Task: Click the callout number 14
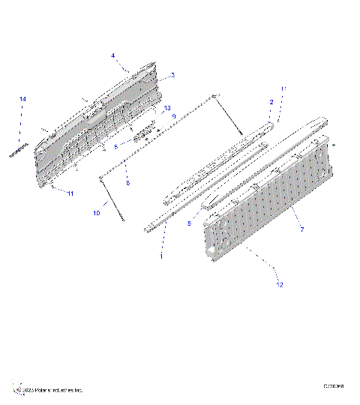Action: pyautogui.click(x=22, y=100)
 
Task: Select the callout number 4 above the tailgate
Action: pyautogui.click(x=112, y=55)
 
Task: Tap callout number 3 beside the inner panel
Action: pyautogui.click(x=172, y=75)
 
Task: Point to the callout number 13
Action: pyautogui.click(x=168, y=108)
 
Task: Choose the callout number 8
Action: pyautogui.click(x=116, y=147)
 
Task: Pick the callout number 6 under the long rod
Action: pyautogui.click(x=127, y=183)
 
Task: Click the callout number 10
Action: pyautogui.click(x=96, y=214)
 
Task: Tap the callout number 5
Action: pyautogui.click(x=189, y=223)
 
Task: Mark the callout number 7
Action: pyautogui.click(x=301, y=229)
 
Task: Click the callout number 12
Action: pyautogui.click(x=279, y=284)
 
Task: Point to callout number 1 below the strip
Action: pyautogui.click(x=160, y=255)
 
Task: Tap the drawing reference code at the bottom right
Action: pyautogui.click(x=334, y=386)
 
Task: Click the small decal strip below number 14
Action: pyautogui.click(x=18, y=150)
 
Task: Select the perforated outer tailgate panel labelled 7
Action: pyautogui.click(x=270, y=199)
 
